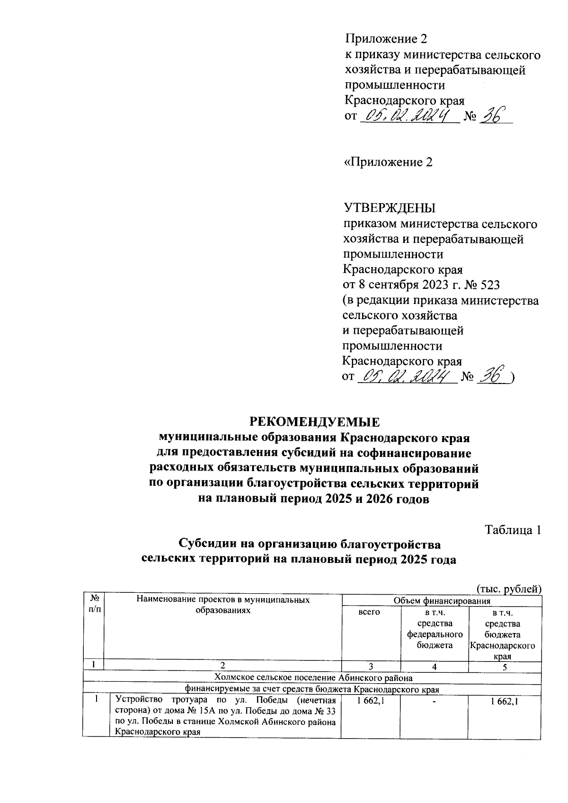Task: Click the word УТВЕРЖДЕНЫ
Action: point(389,209)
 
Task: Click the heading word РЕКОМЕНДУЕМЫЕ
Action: point(315,421)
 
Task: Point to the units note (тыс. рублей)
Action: point(508,589)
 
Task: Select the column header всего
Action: point(370,612)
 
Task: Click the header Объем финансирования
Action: point(442,601)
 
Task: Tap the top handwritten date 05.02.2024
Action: point(408,116)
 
